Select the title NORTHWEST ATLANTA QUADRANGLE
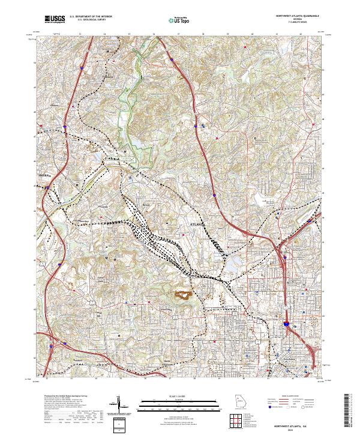pyautogui.click(x=294, y=16)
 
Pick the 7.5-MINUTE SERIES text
pyautogui.click(x=294, y=23)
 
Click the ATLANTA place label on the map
pyautogui.click(x=197, y=224)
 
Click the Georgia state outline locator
pyautogui.click(x=239, y=402)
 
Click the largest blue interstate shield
pyautogui.click(x=287, y=323)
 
